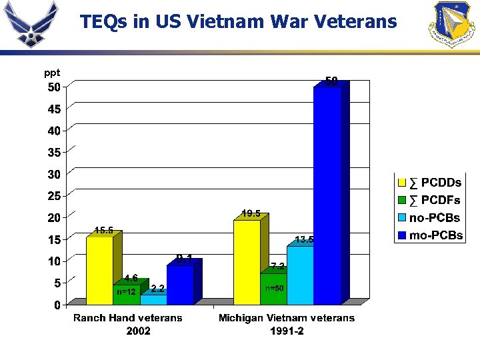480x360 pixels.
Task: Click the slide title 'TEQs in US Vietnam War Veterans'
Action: pos(238,22)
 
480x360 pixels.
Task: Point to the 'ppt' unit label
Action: pos(51,73)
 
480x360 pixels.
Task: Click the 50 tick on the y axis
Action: pos(53,87)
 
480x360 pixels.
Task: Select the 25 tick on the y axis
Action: pos(53,196)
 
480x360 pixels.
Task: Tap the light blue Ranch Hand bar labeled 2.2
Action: pos(153,299)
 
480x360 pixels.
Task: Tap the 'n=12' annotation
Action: pos(127,291)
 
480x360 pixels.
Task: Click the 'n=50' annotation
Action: pos(275,288)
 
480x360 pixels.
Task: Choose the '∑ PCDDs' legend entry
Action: pos(430,183)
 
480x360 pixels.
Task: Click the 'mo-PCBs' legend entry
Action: pos(430,235)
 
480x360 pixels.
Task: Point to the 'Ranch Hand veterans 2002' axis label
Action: pos(127,324)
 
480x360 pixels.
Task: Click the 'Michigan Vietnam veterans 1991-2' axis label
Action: pos(287,324)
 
